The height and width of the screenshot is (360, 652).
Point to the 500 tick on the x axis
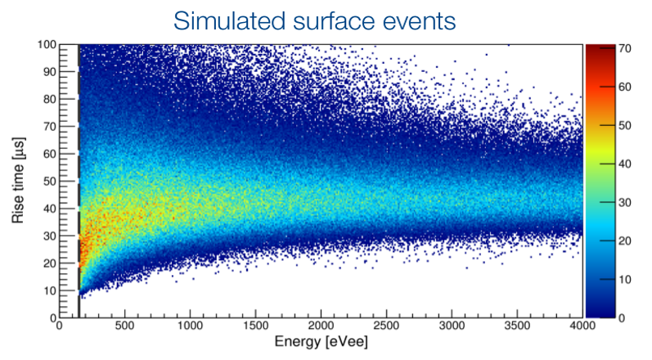[x=124, y=326]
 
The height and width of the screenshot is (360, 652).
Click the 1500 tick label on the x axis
[x=255, y=326]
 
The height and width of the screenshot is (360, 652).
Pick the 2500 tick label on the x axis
[x=386, y=326]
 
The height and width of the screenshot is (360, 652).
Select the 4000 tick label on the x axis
[x=582, y=326]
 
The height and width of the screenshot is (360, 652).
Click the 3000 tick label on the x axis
[x=452, y=326]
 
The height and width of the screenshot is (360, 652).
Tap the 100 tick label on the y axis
[x=47, y=44]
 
